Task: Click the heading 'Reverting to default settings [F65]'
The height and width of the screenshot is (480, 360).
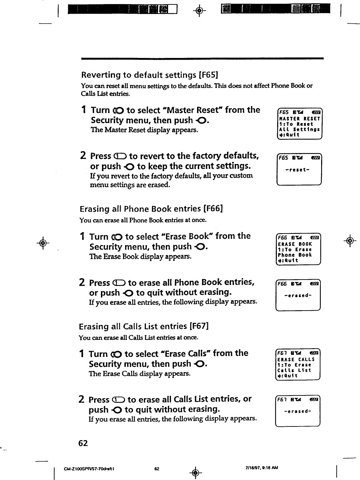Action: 150,75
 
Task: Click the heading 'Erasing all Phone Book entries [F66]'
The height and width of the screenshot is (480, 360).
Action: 151,209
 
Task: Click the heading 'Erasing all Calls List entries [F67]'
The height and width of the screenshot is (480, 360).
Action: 144,327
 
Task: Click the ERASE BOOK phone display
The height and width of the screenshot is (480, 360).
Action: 298,250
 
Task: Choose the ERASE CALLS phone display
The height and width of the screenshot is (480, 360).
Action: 297,365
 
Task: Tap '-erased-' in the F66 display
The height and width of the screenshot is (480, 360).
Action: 297,295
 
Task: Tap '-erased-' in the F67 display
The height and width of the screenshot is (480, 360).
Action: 297,411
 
